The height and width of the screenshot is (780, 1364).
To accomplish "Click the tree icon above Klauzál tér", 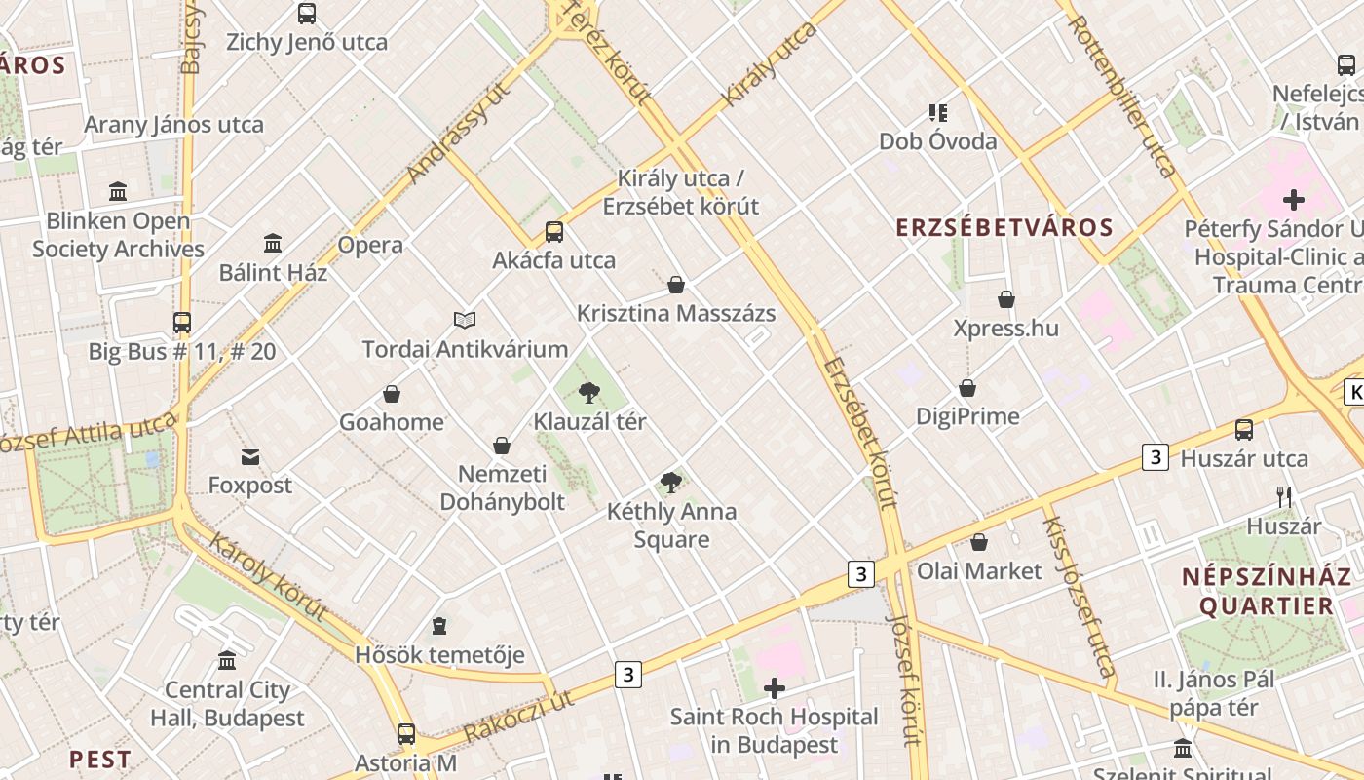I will pyautogui.click(x=588, y=393).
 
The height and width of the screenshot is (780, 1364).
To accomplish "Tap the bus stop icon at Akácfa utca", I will pyautogui.click(x=553, y=232).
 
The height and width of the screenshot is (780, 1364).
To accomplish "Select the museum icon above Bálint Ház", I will pyautogui.click(x=273, y=243).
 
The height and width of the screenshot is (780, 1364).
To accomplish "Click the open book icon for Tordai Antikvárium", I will pyautogui.click(x=465, y=320).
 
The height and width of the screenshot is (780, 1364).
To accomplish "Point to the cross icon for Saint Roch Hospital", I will pyautogui.click(x=775, y=689).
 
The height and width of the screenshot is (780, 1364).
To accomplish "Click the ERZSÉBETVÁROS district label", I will pyautogui.click(x=1004, y=228).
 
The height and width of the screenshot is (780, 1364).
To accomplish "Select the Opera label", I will pyautogui.click(x=370, y=245).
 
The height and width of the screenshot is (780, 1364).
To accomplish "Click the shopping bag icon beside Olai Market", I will pyautogui.click(x=979, y=542).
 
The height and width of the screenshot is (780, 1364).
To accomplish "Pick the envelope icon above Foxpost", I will pyautogui.click(x=250, y=456).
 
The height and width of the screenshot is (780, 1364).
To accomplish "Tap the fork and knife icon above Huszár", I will pyautogui.click(x=1284, y=497).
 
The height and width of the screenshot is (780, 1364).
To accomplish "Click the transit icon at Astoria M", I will pyautogui.click(x=406, y=734).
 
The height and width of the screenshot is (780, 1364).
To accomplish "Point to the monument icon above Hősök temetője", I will pyautogui.click(x=439, y=625).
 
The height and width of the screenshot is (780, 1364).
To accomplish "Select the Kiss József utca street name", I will pyautogui.click(x=1079, y=596).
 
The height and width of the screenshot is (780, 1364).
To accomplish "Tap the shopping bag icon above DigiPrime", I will pyautogui.click(x=967, y=388).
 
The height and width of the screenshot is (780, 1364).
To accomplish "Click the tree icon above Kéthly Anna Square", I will pyautogui.click(x=670, y=482).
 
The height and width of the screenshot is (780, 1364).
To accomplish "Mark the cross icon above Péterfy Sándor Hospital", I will pyautogui.click(x=1293, y=201).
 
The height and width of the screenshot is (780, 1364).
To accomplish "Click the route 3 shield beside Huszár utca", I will pyautogui.click(x=1155, y=456).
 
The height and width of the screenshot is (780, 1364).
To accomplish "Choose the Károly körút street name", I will pyautogui.click(x=267, y=578).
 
